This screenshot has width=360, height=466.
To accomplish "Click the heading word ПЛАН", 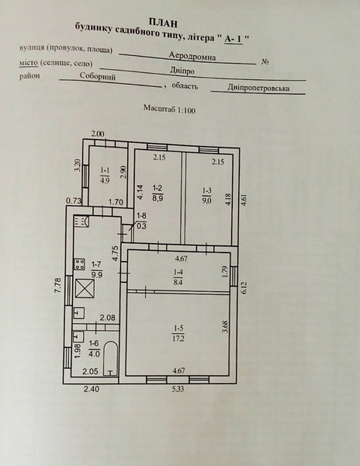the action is pos(163,23).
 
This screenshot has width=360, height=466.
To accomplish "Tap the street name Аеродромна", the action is pos(192,56).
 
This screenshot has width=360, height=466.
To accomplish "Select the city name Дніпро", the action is pos(182,71).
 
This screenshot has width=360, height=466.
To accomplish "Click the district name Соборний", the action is pos(97,76).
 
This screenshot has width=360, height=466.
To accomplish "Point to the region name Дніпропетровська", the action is pos(258,88).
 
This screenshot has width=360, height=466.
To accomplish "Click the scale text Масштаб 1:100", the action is pos(169,109).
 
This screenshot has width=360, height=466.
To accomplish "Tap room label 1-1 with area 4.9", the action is pos(105,175).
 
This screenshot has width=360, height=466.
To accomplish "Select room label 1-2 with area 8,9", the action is pos(158,193).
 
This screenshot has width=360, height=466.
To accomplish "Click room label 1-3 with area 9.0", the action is pos(207,195).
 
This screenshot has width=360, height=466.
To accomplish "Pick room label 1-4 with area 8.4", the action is pos(178,276).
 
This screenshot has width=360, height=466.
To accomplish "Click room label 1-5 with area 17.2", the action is pos(178,333).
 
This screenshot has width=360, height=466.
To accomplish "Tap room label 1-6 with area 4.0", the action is pos(94,349).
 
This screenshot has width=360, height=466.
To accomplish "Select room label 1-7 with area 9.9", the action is pos(97,270).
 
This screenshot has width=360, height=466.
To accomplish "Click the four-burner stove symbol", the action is pos(79,264).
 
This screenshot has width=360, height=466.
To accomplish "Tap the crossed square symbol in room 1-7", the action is pos(85,288).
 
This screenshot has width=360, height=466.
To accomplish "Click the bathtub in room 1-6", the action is pos(111,358).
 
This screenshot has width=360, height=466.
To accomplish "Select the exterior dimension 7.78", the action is pos(57,285).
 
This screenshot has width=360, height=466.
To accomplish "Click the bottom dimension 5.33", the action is pos(178,388).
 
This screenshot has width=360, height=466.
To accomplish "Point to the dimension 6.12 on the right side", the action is pos(244,287).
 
